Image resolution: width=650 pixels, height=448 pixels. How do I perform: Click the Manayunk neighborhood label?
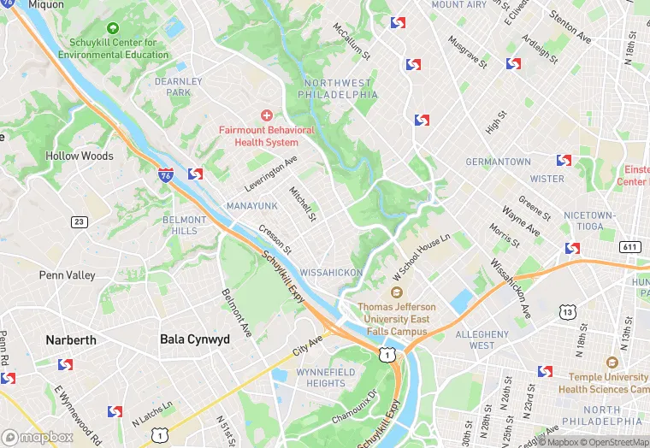pos(251,206)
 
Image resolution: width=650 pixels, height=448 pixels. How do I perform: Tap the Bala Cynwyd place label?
pos(195,339)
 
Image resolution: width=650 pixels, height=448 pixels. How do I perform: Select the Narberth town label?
pos(71,339)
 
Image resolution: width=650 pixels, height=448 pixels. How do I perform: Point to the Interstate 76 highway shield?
pos(165,175)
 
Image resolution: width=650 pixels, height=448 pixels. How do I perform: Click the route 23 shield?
pos(80,222)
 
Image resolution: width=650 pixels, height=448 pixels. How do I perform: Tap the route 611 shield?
pos(630,247)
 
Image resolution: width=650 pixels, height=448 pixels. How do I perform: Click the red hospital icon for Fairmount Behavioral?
pos(266,115)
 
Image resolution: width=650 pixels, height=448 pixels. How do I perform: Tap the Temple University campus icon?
pos(611,363)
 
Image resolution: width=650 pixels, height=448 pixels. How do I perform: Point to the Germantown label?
pos(498,162)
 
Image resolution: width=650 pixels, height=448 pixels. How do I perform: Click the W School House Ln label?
pos(422,257)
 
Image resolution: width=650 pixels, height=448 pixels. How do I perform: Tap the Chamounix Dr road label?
pos(355,408)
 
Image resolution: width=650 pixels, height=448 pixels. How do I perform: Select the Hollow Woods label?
pos(80,156)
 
